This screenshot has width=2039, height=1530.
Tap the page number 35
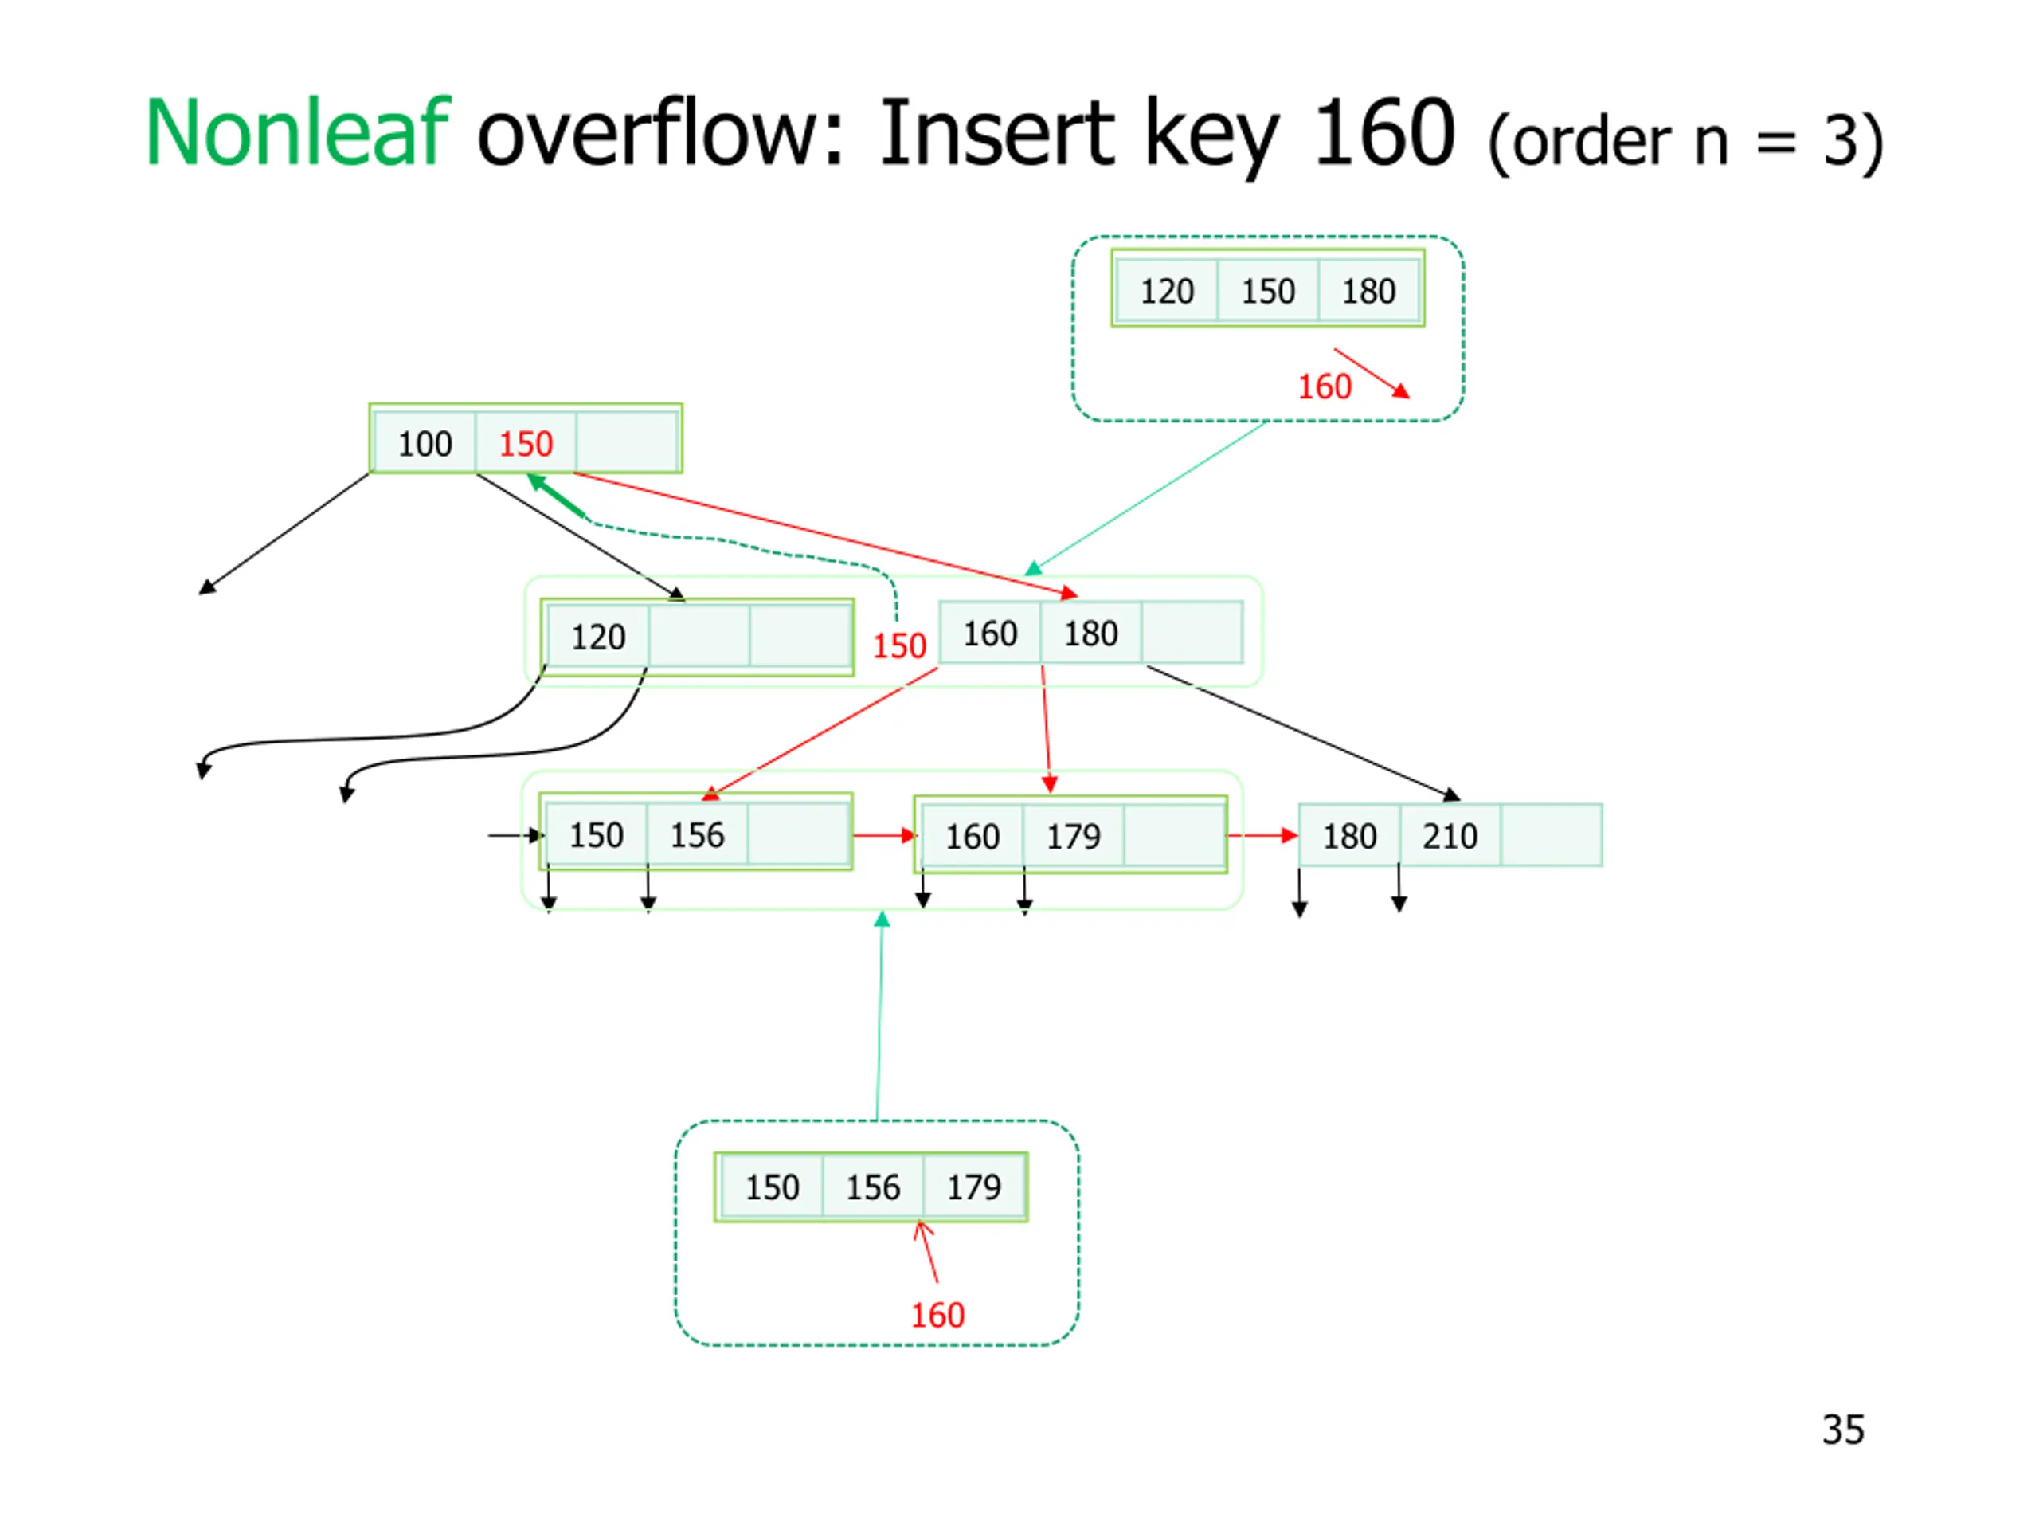[x=1842, y=1430]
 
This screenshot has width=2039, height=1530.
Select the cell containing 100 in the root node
[x=425, y=444]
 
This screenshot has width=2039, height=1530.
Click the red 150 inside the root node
[x=526, y=444]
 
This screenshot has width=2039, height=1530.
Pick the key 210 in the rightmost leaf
[x=1450, y=836]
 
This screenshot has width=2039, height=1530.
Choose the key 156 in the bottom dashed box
[x=873, y=1187]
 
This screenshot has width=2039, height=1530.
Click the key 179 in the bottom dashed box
[x=973, y=1187]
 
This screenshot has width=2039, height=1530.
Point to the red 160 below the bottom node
[x=937, y=1315]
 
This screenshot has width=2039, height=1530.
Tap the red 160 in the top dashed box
[x=1325, y=386]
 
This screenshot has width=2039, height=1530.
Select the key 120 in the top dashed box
[x=1167, y=292]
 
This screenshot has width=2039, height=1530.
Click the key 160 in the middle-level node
[x=990, y=634]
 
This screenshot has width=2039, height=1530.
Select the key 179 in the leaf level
[x=1073, y=837]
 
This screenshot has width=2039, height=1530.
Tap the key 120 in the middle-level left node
[x=598, y=637]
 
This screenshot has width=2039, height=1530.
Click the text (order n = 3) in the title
[x=1686, y=141]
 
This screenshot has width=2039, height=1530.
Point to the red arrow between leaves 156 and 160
[x=885, y=836]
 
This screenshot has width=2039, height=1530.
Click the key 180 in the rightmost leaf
[x=1349, y=836]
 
